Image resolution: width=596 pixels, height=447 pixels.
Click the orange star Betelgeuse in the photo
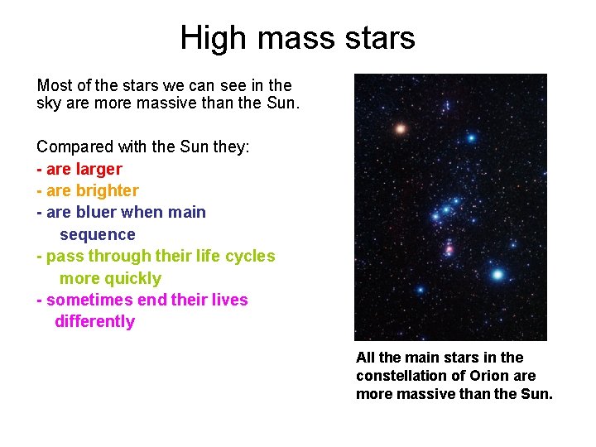coord(401,128)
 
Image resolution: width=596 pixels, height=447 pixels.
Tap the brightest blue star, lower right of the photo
coord(497,274)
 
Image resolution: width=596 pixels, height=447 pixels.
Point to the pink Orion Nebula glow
coord(449,248)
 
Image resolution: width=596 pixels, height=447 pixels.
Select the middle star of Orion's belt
coord(446,209)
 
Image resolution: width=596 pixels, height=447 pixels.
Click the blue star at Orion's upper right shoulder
coord(471,138)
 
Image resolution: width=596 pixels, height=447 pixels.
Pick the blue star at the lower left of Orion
coord(420,290)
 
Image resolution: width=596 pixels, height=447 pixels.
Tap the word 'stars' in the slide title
coord(383,38)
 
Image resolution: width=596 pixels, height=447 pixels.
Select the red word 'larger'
coord(99,169)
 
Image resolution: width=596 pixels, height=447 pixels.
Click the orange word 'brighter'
coord(108,190)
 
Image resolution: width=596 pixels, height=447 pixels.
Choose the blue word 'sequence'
coord(97,234)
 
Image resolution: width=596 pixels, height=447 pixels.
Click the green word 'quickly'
coord(110,278)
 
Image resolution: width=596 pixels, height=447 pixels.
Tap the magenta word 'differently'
coord(94,321)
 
